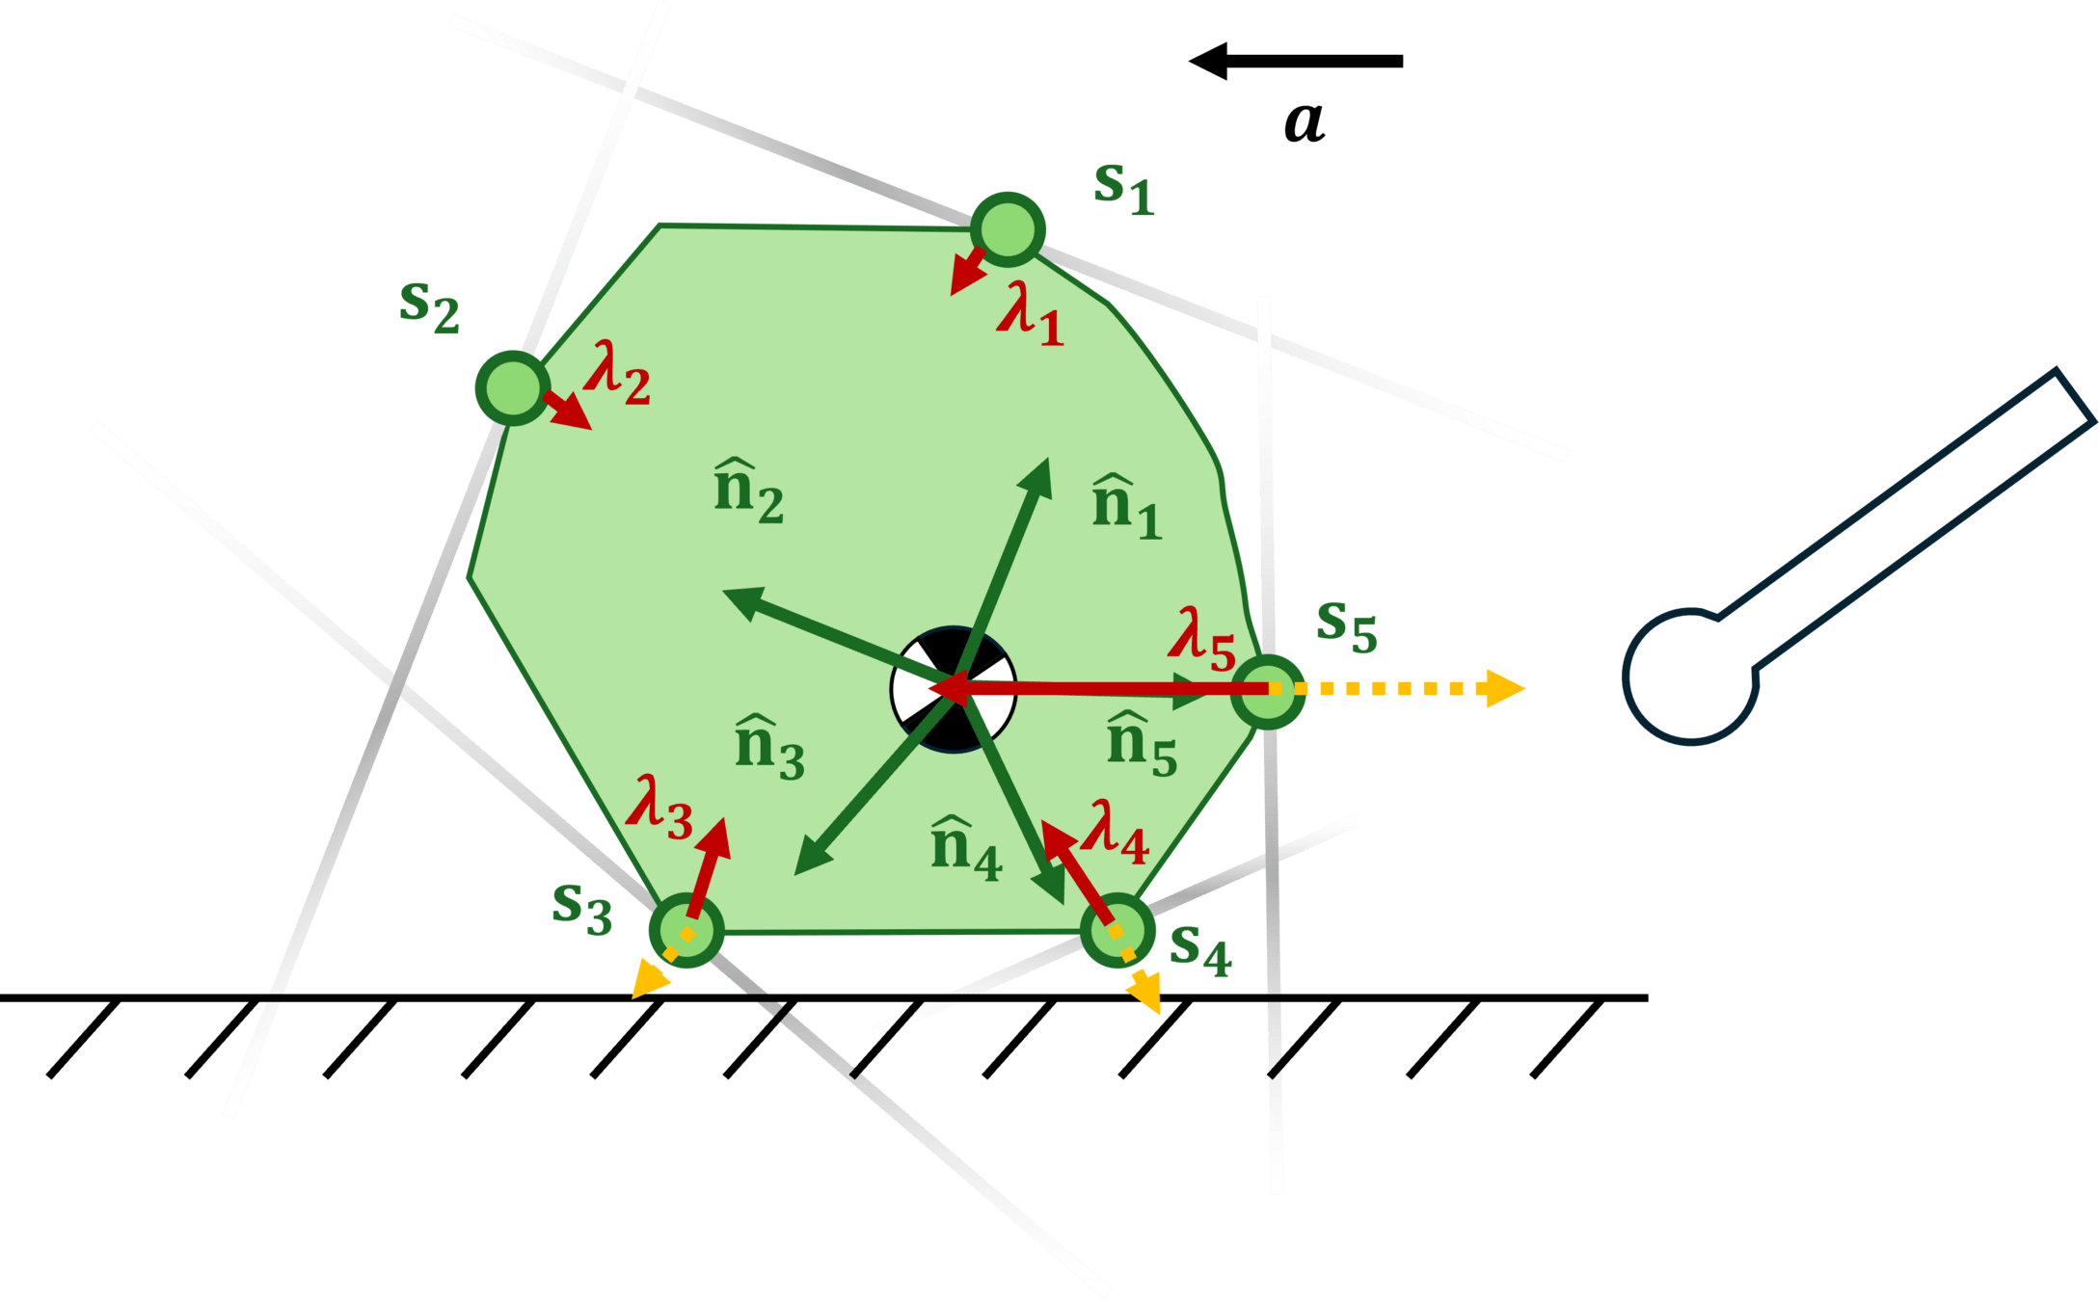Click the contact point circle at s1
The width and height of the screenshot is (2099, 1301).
pyautogui.click(x=1008, y=229)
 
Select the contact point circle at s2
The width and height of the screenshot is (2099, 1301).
pyautogui.click(x=512, y=387)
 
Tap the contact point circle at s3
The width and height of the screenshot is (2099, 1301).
pyautogui.click(x=686, y=931)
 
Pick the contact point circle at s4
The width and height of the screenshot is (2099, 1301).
pyautogui.click(x=1117, y=931)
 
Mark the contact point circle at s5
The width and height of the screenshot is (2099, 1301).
pyautogui.click(x=1268, y=690)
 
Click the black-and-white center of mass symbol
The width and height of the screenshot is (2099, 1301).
pyautogui.click(x=953, y=690)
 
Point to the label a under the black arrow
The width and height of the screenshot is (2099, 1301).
pyautogui.click(x=1305, y=122)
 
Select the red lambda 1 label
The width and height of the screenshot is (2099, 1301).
pyautogui.click(x=1030, y=314)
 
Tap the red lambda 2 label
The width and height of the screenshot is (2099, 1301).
pyautogui.click(x=617, y=372)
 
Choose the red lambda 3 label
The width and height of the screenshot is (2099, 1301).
pyautogui.click(x=659, y=807)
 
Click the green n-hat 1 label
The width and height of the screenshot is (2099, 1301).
pyautogui.click(x=1126, y=507)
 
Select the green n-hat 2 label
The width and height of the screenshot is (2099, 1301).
pyautogui.click(x=748, y=492)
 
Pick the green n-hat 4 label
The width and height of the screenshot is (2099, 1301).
pyautogui.click(x=966, y=848)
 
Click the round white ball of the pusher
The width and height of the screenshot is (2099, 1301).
pyautogui.click(x=1690, y=677)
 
